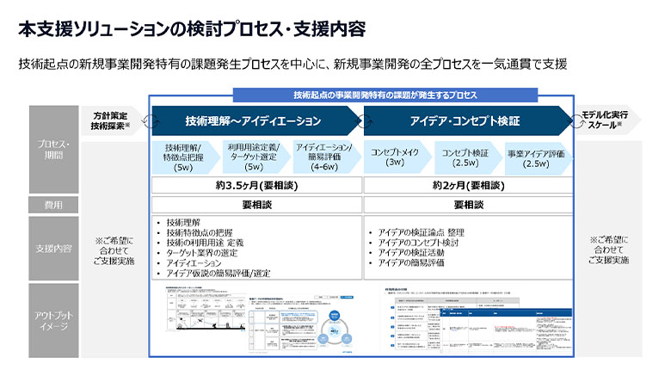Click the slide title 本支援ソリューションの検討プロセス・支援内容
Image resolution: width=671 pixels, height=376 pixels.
tap(192, 28)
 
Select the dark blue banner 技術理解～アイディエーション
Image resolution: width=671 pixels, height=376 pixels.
tap(253, 120)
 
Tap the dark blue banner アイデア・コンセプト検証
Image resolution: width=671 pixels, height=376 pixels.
tap(465, 120)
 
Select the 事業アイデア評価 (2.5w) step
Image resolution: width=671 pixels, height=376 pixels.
tap(536, 157)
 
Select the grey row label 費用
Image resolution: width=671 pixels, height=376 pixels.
tap(53, 205)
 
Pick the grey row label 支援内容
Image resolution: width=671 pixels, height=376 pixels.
tap(53, 249)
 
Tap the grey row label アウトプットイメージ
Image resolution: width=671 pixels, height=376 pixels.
tap(53, 319)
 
